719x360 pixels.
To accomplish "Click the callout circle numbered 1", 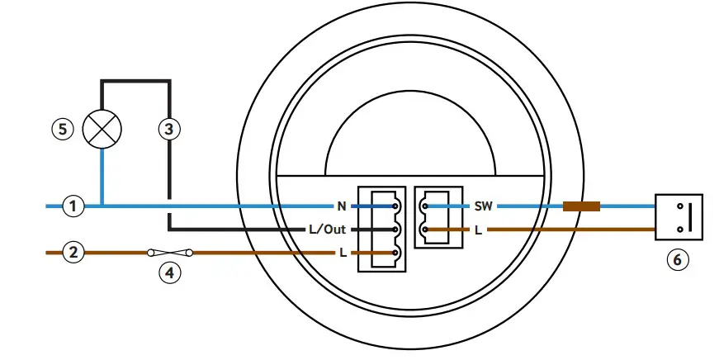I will [74, 205].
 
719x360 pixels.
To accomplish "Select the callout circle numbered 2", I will [74, 252].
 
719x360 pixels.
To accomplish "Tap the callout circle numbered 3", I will [169, 129].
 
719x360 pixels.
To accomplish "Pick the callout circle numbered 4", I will [169, 272].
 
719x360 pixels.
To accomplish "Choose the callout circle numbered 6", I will [677, 259].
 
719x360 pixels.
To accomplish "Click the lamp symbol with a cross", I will [103, 129].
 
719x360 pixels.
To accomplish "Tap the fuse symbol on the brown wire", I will [169, 252].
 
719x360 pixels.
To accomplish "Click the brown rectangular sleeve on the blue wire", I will [581, 205].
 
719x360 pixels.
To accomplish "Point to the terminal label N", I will [340, 206].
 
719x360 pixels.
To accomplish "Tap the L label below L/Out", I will [342, 252].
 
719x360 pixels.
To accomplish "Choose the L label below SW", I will [479, 229].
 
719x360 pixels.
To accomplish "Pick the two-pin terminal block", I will [435, 216].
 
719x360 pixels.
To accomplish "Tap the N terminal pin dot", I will [396, 205].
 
